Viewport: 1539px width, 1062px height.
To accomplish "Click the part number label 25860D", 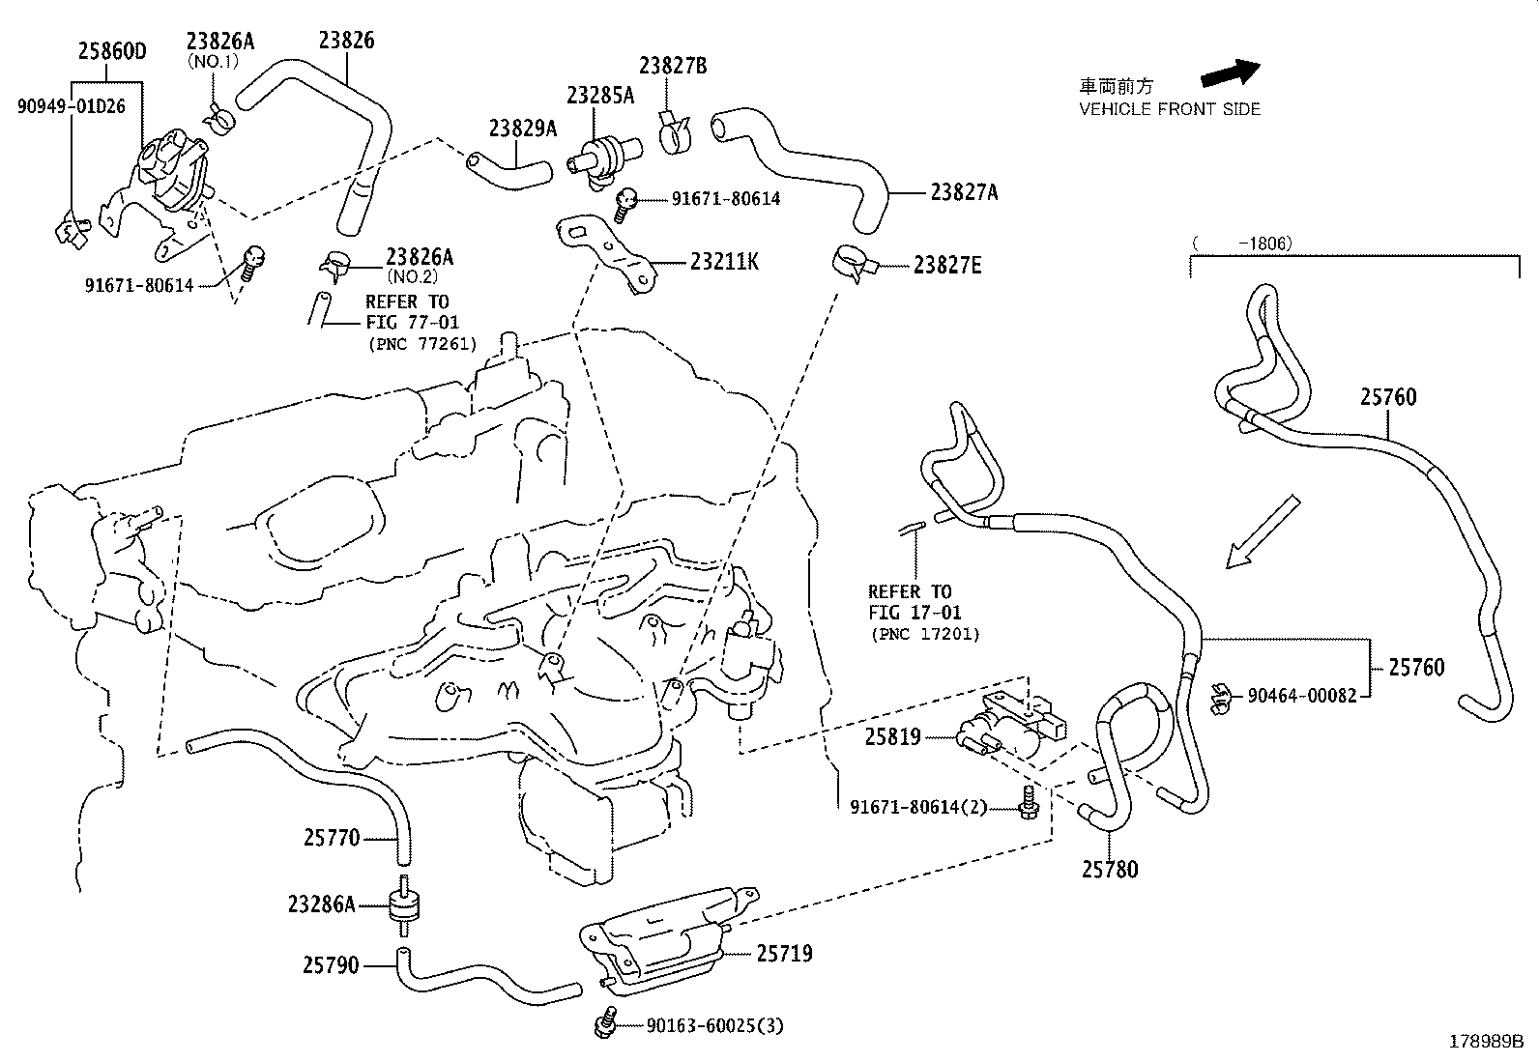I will pos(112,51).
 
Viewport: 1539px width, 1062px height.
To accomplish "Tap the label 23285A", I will pos(600,95).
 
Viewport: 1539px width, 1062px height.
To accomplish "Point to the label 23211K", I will pos(724,261).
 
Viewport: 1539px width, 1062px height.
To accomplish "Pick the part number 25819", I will pos(892,736).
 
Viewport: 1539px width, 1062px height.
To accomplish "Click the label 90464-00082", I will pos(1301,694).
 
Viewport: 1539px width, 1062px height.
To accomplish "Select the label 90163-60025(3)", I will pos(714,1025).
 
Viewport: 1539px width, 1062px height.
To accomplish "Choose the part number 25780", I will pos(1109,869).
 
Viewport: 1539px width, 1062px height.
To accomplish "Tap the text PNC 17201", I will pos(925,635).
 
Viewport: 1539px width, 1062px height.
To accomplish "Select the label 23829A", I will pos(523,128).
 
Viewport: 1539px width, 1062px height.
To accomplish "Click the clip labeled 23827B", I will pos(678,133).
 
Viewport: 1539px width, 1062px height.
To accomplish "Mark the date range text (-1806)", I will pos(1242,244).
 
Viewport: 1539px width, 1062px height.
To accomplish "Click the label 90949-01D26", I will pos(72,106).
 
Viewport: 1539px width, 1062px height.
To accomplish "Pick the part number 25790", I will pos(331,964).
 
